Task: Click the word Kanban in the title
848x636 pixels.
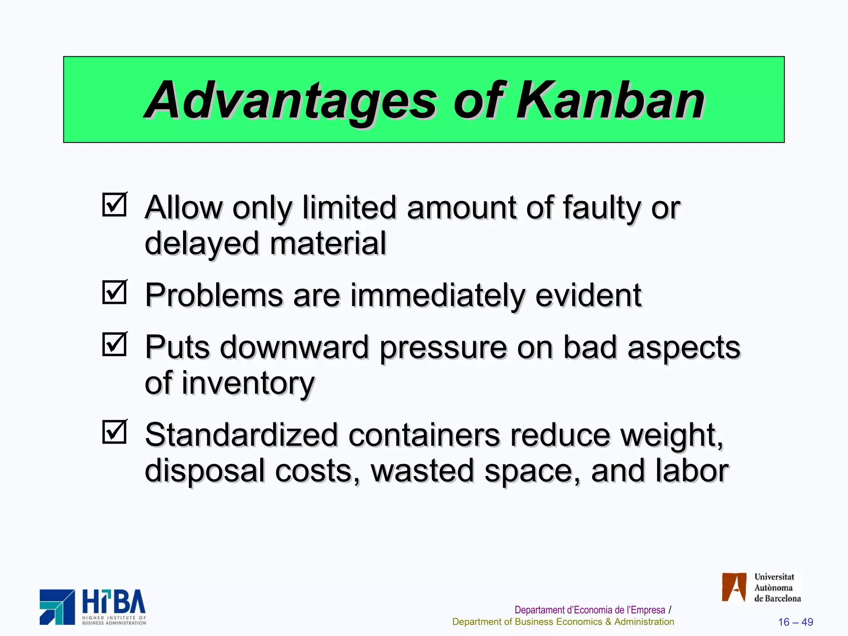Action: click(609, 100)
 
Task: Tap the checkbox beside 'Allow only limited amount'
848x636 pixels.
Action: click(114, 205)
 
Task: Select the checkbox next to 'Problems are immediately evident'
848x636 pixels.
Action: click(114, 292)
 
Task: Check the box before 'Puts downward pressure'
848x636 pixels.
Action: click(114, 344)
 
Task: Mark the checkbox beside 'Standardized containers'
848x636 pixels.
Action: click(114, 432)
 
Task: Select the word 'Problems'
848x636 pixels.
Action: click(214, 296)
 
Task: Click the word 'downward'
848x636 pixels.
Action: click(294, 348)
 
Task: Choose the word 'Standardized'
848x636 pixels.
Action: click(241, 436)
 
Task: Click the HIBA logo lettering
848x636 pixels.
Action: click(113, 602)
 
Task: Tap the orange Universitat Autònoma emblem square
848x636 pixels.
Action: click(734, 587)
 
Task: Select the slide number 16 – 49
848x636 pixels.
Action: click(795, 622)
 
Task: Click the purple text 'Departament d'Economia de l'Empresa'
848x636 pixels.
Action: click(590, 610)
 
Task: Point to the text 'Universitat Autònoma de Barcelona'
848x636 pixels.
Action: click(777, 588)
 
